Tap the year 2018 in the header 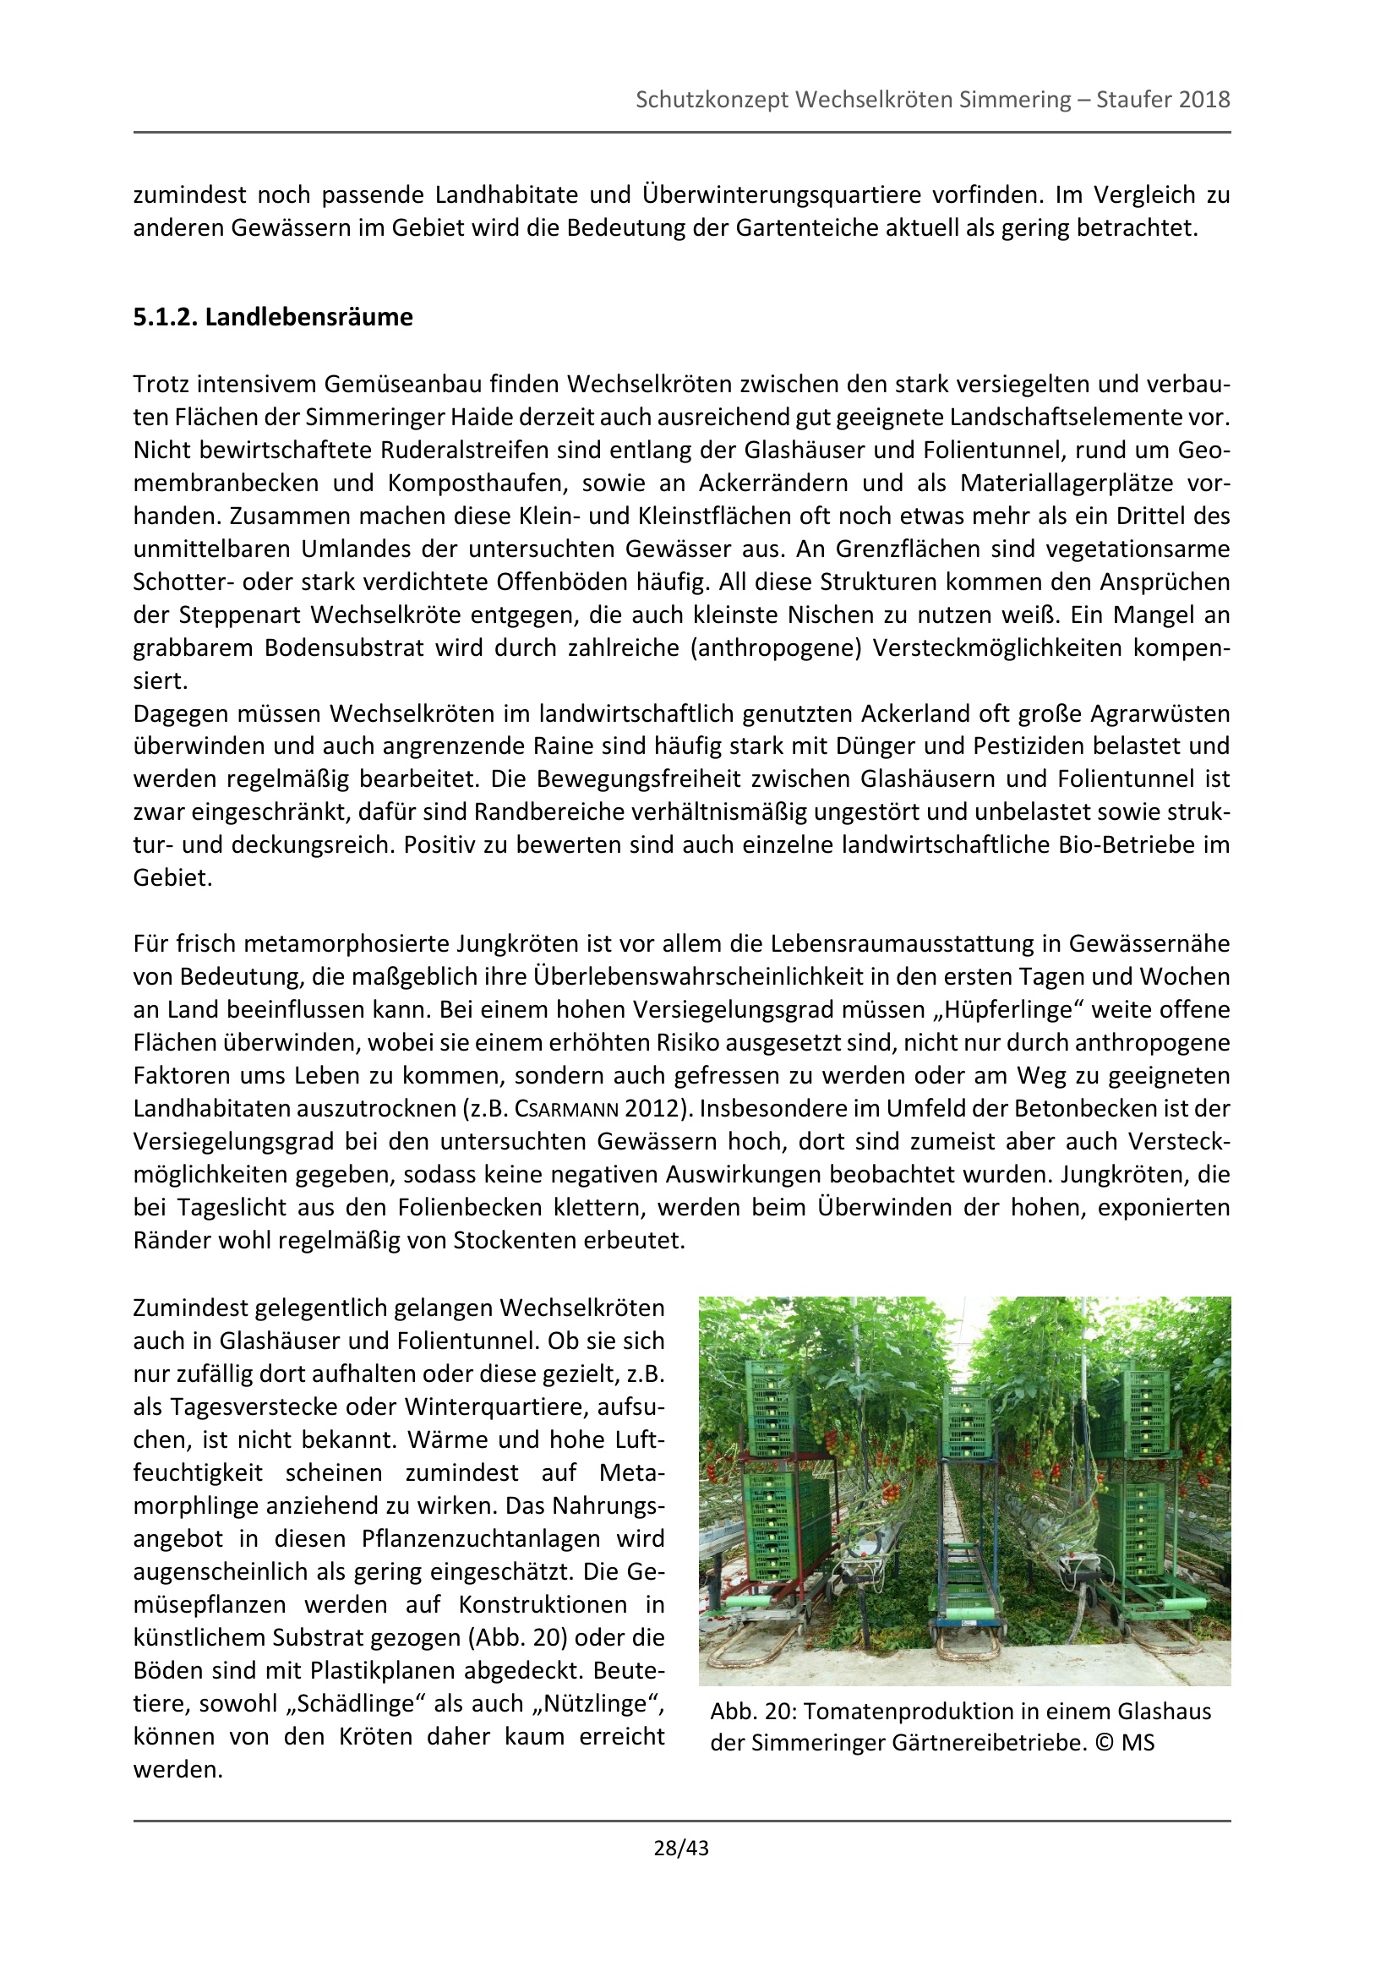1204,100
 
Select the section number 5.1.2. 166,318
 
